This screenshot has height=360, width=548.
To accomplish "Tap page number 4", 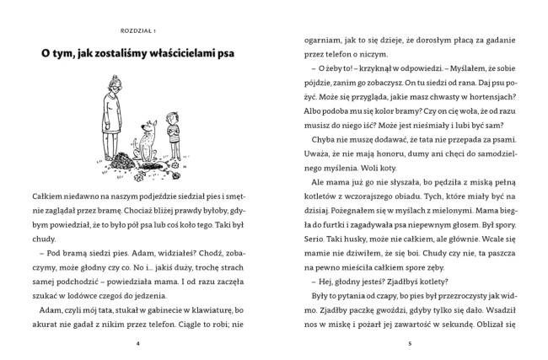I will tap(137, 344).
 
